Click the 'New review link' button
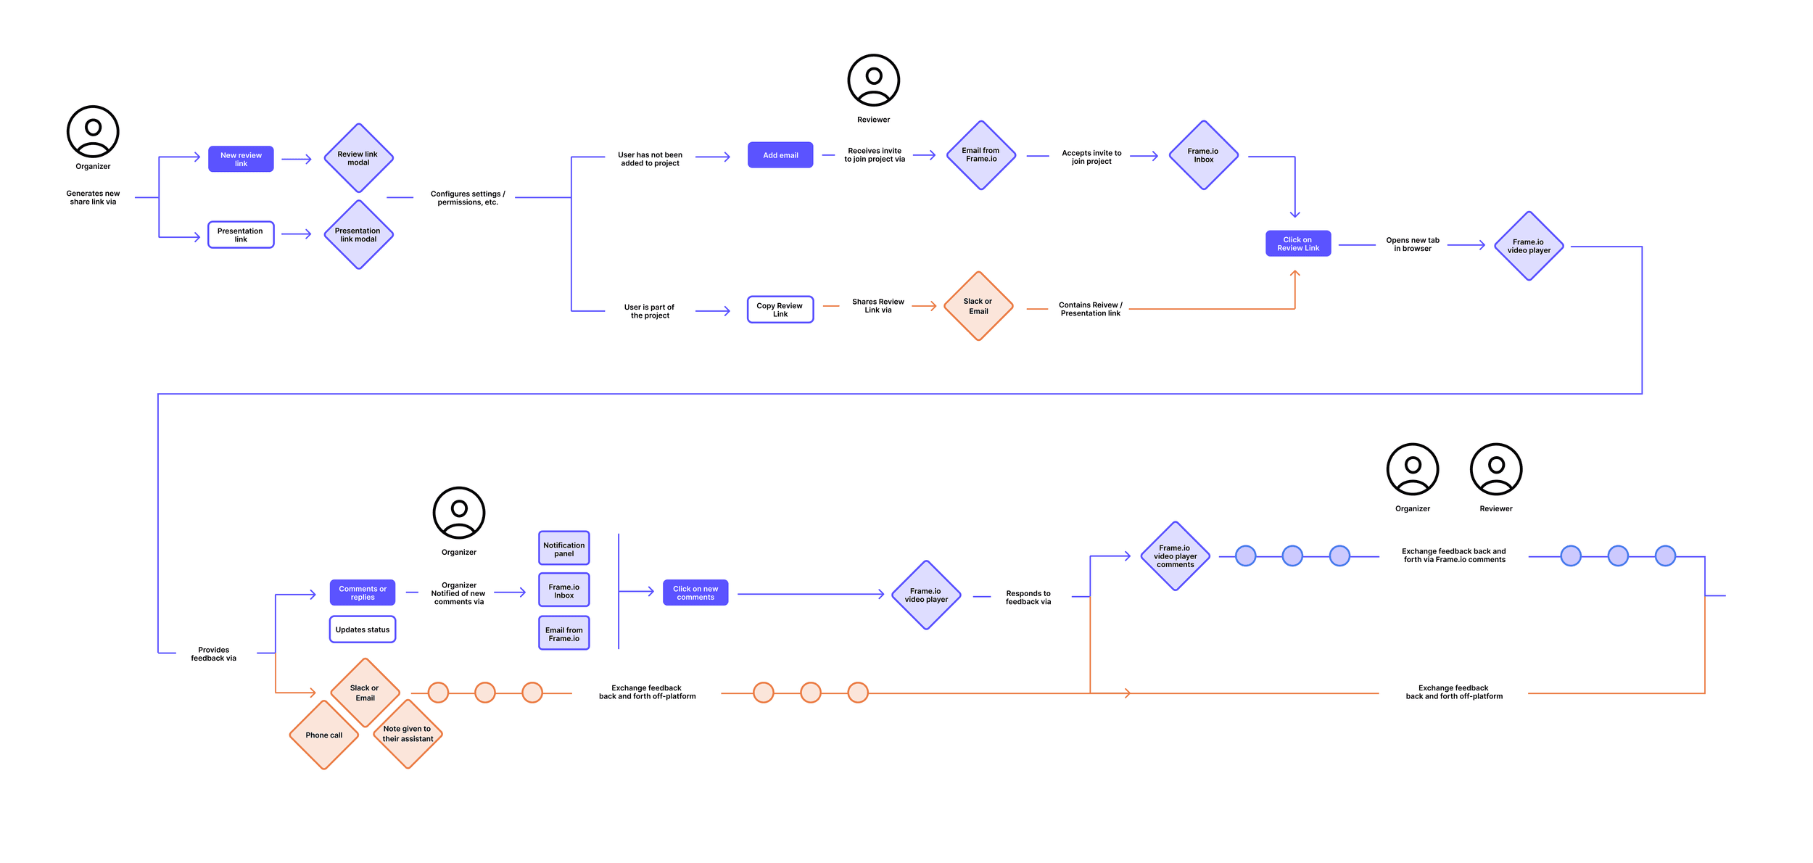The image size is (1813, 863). pyautogui.click(x=241, y=159)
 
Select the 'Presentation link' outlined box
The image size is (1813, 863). pyautogui.click(x=241, y=235)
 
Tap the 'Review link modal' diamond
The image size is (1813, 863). pyautogui.click(x=358, y=158)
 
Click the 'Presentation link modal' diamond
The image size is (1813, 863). pyautogui.click(x=358, y=235)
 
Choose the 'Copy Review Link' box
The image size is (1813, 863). pyautogui.click(x=780, y=310)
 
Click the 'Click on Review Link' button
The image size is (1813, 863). pyautogui.click(x=1298, y=244)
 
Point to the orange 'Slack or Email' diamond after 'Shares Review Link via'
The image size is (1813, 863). pyautogui.click(x=978, y=306)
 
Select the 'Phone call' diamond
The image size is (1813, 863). pyautogui.click(x=324, y=735)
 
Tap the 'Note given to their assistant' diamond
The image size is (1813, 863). pyautogui.click(x=408, y=734)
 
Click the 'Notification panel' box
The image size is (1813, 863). pyautogui.click(x=563, y=549)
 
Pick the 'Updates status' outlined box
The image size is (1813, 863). pyautogui.click(x=363, y=629)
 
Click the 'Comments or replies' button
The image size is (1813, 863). pyautogui.click(x=363, y=592)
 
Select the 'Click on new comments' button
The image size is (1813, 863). pyautogui.click(x=695, y=592)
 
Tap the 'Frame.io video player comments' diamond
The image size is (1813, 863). pyautogui.click(x=1176, y=556)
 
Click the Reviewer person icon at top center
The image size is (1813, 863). pyautogui.click(x=873, y=80)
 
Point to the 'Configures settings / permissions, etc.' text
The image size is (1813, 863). pyautogui.click(x=468, y=198)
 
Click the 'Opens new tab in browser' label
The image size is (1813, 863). pyautogui.click(x=1413, y=244)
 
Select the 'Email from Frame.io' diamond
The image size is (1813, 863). pyautogui.click(x=981, y=155)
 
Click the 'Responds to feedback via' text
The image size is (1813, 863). pyautogui.click(x=1028, y=598)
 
